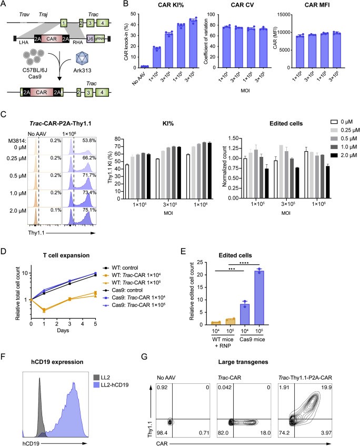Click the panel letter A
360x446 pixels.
coord(4,5)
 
